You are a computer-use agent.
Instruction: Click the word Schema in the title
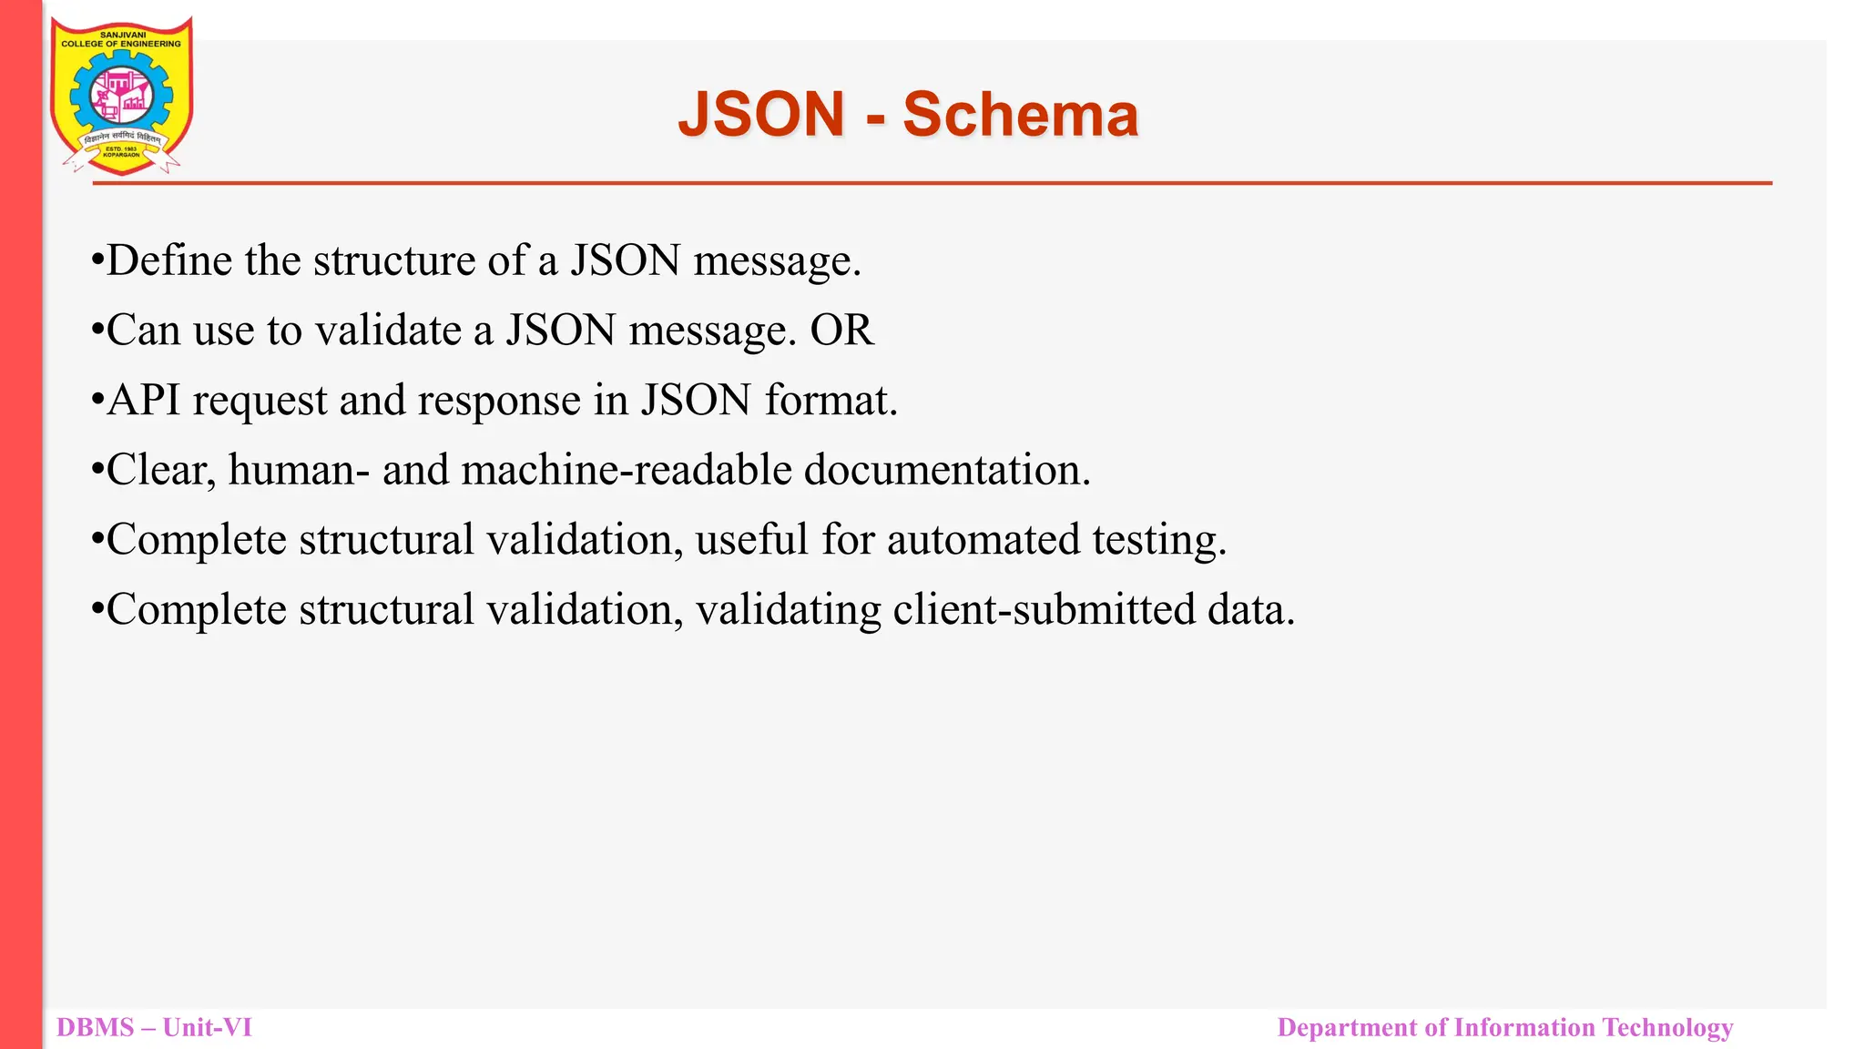[x=1020, y=115]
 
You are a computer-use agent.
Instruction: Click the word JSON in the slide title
[x=762, y=115]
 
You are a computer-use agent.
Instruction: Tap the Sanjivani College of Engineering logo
[x=121, y=95]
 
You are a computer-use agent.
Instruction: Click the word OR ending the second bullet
[x=841, y=330]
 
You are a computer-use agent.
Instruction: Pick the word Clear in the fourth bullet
[x=160, y=470]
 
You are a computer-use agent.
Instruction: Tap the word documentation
[x=946, y=470]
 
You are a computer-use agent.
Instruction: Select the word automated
[x=983, y=539]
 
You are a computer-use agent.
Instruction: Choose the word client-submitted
[x=1044, y=609]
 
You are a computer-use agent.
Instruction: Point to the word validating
[x=788, y=609]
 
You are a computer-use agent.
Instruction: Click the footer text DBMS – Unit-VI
[x=154, y=1027]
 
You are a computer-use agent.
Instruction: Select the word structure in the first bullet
[x=393, y=260]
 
